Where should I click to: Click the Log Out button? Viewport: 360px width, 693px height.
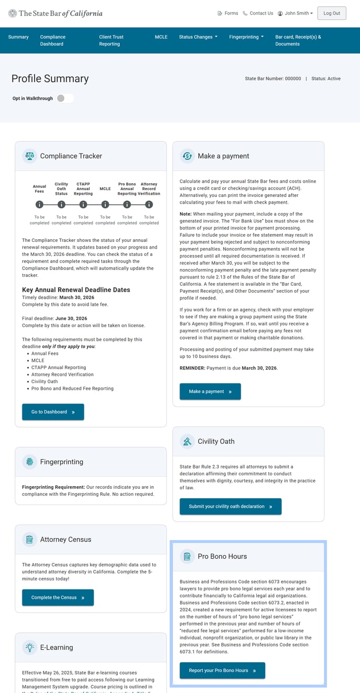pos(332,13)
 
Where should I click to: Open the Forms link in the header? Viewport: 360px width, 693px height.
pos(228,13)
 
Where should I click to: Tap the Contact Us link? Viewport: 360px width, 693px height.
pos(258,13)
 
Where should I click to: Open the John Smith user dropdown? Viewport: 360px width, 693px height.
pos(296,13)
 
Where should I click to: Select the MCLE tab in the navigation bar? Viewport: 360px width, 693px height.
pos(161,37)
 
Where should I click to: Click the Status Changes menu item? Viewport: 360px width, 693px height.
pos(198,37)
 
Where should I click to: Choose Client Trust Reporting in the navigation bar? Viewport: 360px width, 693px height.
pos(111,40)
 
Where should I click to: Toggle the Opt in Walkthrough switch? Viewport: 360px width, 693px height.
pos(65,98)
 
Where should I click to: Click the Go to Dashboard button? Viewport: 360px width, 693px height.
pos(53,412)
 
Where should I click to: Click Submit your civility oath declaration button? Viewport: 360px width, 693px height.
pos(230,507)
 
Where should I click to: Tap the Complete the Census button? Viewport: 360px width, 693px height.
pos(58,598)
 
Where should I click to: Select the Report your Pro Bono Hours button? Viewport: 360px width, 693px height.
pos(222,670)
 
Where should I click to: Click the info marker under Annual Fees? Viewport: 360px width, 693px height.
pos(39,205)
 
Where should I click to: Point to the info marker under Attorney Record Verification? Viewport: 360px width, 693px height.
pos(149,205)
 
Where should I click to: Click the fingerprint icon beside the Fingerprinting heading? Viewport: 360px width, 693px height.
pos(29,462)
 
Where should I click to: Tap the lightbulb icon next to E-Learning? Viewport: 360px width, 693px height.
pos(29,647)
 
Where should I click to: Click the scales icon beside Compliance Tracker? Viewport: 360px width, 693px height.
pos(29,156)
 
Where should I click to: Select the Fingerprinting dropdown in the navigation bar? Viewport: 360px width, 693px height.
pos(246,37)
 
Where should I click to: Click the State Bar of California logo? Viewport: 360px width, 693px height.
pos(55,13)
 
